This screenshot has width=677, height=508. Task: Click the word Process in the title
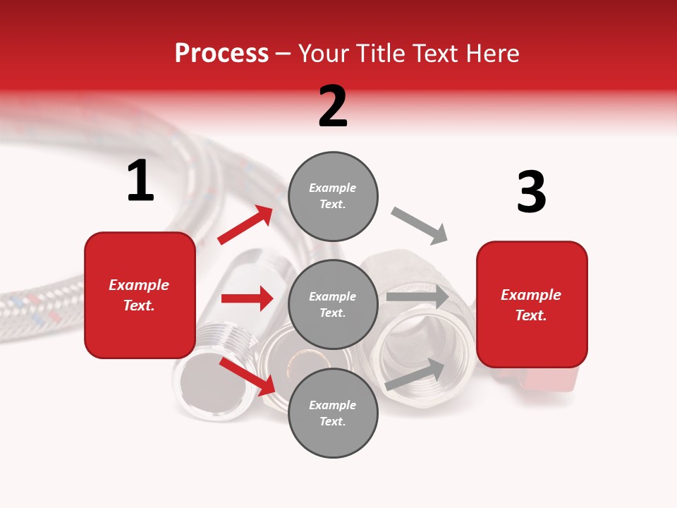[221, 54]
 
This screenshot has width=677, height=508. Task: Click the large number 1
[140, 181]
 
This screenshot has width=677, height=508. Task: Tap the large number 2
[333, 107]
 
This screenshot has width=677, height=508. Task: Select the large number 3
[532, 193]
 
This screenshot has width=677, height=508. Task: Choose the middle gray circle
[333, 304]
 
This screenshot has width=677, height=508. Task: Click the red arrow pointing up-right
[245, 225]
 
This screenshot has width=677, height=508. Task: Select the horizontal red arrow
[247, 298]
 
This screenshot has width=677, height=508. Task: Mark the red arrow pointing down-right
[247, 375]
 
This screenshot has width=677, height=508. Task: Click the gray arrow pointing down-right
[419, 226]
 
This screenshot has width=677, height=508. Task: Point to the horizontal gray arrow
[417, 297]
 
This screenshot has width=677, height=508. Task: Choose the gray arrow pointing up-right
[415, 375]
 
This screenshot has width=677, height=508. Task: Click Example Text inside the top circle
[333, 196]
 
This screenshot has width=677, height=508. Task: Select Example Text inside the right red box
[531, 305]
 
